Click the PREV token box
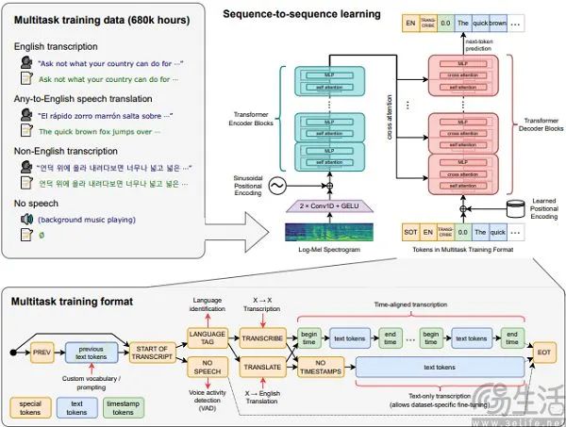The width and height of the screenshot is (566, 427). [42, 353]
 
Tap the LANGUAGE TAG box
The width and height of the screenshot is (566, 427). [207, 337]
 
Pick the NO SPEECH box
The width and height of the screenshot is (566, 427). [207, 367]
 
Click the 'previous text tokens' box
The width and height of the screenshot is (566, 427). [91, 353]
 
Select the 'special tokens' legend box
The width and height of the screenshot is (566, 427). [32, 406]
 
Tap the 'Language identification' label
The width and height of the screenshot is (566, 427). [207, 304]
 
